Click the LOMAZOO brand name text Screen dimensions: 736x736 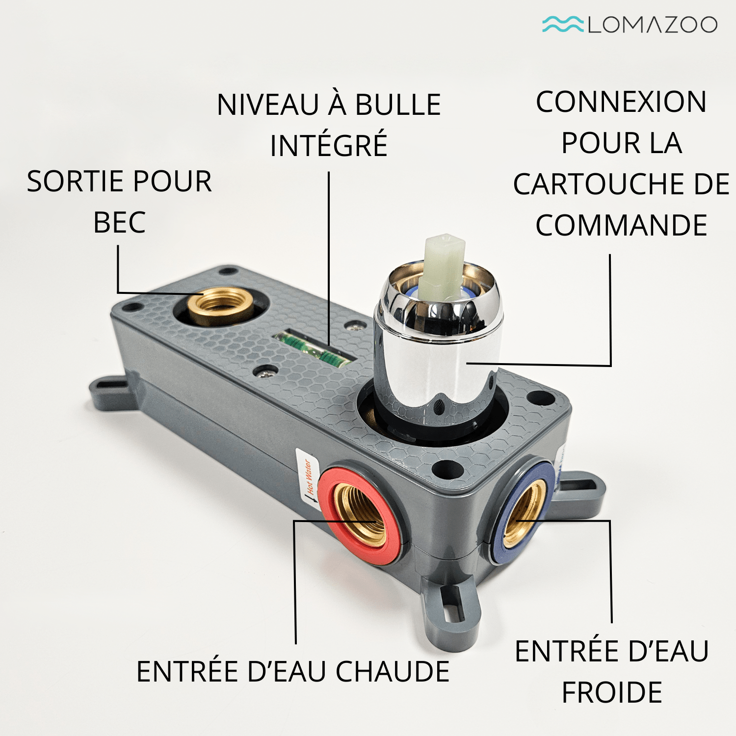tap(653, 25)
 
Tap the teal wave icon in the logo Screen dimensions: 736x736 tap(562, 24)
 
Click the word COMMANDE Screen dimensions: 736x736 tap(621, 225)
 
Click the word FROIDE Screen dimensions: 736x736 tap(612, 692)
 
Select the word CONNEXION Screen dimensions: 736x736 tap(621, 102)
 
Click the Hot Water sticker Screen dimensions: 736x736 tap(308, 479)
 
